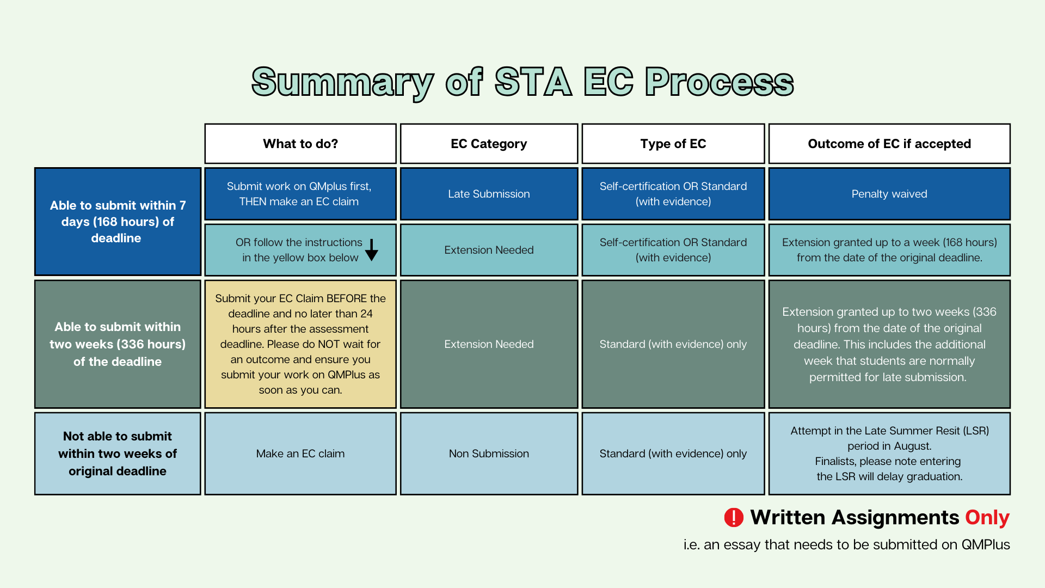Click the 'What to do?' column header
pos(300,144)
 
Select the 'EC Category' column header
pos(489,144)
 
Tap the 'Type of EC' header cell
pos(673,144)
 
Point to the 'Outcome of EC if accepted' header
pos(889,144)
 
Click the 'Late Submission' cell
pos(489,194)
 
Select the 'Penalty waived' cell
pos(889,194)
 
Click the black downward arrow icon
pos(372,250)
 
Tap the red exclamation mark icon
pos(734,517)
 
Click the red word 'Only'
pos(987,517)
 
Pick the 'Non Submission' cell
pos(489,454)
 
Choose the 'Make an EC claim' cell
pos(300,454)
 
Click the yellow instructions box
pos(300,344)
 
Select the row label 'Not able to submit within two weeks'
pos(118,454)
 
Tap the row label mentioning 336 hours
pos(118,344)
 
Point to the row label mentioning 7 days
pos(118,222)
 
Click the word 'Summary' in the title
pos(342,82)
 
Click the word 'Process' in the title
pos(720,82)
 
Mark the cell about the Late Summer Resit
pos(889,454)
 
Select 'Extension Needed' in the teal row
pos(489,250)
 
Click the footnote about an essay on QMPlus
pos(846,544)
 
